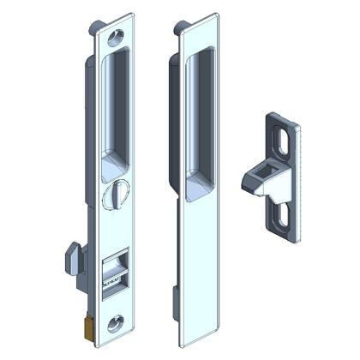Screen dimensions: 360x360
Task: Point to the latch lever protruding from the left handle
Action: tap(72, 255)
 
